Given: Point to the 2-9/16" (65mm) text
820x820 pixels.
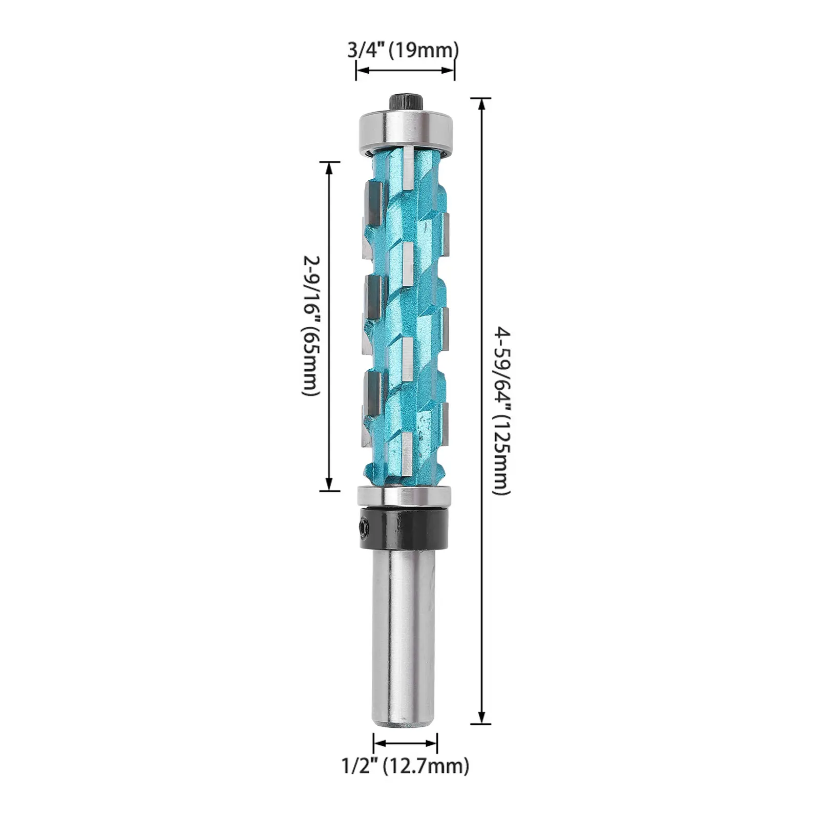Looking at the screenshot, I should tap(310, 326).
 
